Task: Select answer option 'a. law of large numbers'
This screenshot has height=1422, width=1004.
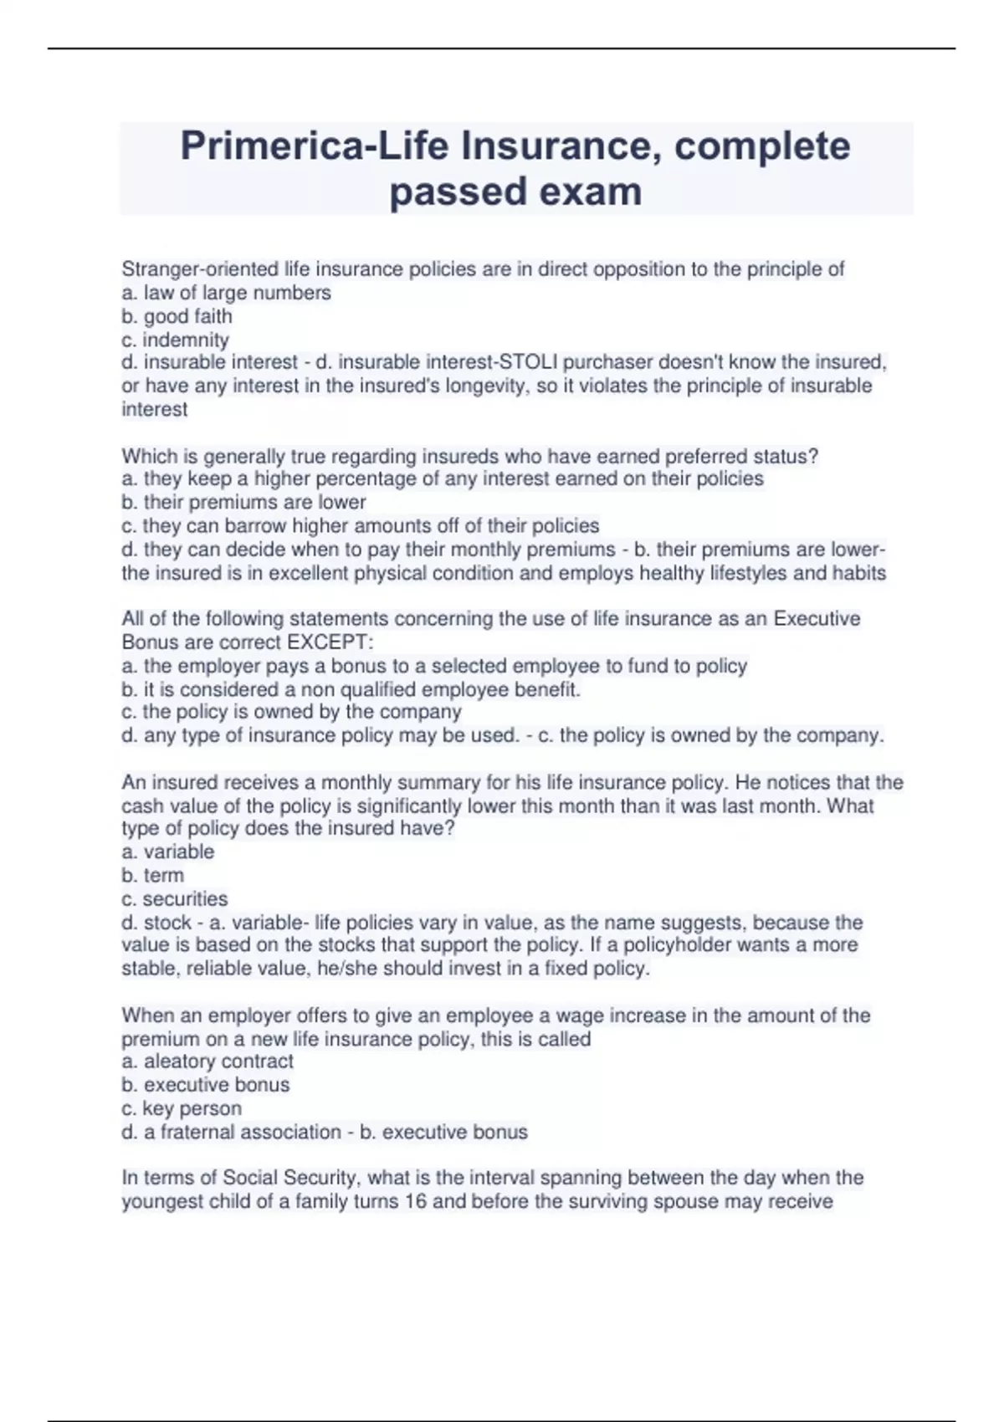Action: click(226, 293)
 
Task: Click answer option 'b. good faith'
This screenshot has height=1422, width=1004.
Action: click(177, 316)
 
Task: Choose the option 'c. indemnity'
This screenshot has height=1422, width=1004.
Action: click(175, 340)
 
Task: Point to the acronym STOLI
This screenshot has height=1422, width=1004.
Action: click(529, 362)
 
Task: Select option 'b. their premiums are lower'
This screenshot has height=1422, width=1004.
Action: click(243, 502)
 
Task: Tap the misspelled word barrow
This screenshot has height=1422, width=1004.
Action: click(254, 525)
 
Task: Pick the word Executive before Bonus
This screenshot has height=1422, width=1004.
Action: click(817, 619)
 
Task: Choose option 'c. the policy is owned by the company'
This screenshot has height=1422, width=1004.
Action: click(291, 712)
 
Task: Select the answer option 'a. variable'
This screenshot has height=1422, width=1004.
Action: click(167, 852)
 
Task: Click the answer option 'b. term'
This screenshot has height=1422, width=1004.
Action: click(152, 875)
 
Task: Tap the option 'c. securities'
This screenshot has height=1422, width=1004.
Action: click(174, 898)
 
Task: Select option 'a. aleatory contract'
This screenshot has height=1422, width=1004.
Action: click(207, 1061)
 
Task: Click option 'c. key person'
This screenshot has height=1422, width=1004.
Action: click(182, 1108)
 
